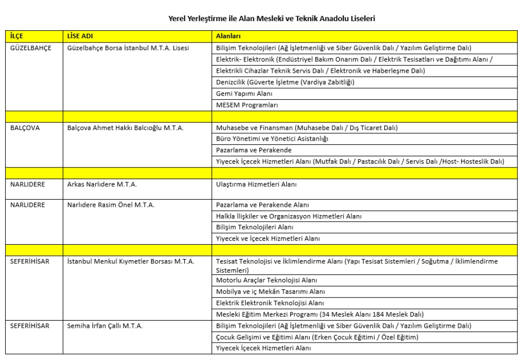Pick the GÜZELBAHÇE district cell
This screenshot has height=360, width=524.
pyautogui.click(x=30, y=48)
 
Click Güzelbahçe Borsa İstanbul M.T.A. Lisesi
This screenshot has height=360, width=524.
pyautogui.click(x=128, y=48)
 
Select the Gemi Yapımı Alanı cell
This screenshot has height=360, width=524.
pyautogui.click(x=244, y=94)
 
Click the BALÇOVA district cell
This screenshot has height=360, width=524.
pyautogui.click(x=25, y=128)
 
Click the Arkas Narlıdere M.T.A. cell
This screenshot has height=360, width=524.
pyautogui.click(x=102, y=184)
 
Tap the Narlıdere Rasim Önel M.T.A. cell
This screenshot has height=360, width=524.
pyautogui.click(x=111, y=205)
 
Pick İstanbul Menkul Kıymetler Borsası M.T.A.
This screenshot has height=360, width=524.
pyautogui.click(x=130, y=262)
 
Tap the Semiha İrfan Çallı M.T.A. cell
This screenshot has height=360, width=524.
pyautogui.click(x=104, y=326)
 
